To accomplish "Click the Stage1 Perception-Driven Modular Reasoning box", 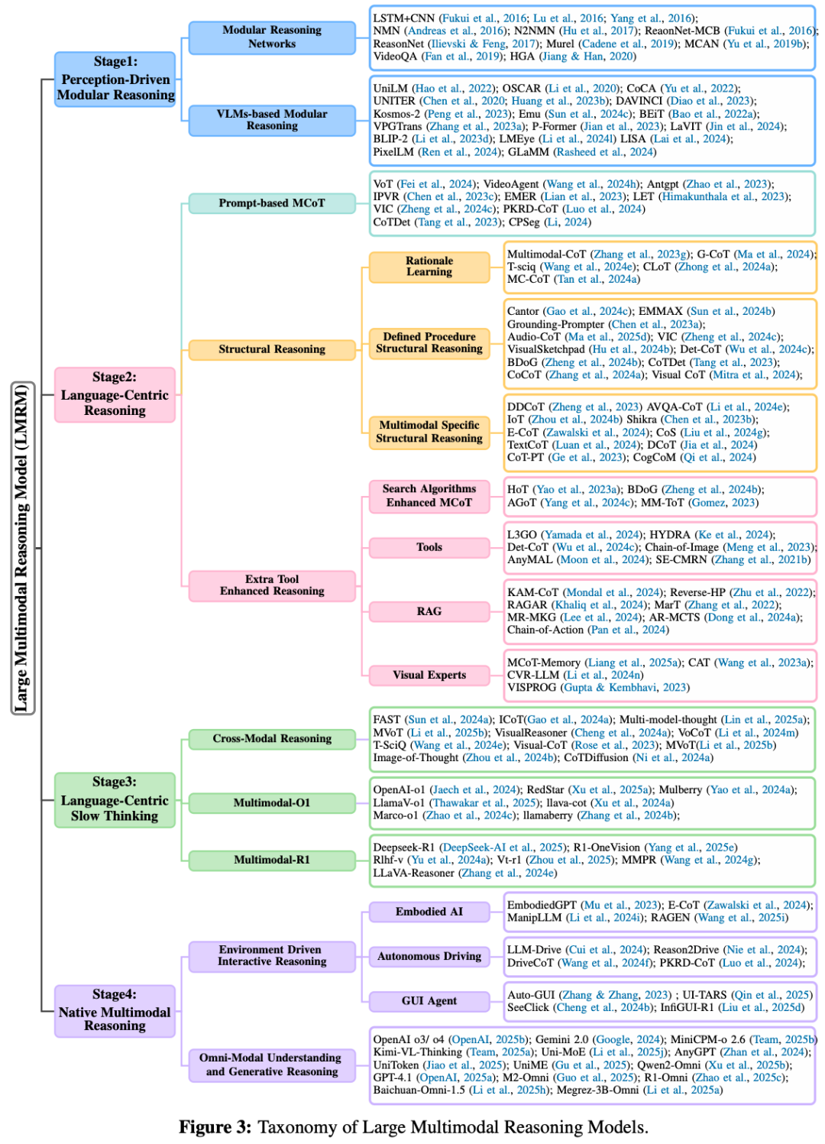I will pyautogui.click(x=115, y=79).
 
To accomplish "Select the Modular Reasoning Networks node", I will pyautogui.click(x=272, y=37).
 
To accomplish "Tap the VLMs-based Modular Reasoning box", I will pyautogui.click(x=272, y=120).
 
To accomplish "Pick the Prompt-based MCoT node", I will pyautogui.click(x=272, y=203).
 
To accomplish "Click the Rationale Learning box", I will pyautogui.click(x=429, y=267).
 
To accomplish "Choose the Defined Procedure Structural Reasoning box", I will pyautogui.click(x=429, y=342).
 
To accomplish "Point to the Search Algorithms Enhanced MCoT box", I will pyautogui.click(x=429, y=496).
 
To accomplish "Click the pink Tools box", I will pyautogui.click(x=429, y=547).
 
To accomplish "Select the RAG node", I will pyautogui.click(x=429, y=611).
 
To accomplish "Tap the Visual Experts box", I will pyautogui.click(x=429, y=675).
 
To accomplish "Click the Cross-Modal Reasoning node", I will pyautogui.click(x=272, y=739).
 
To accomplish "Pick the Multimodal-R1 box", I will pyautogui.click(x=272, y=860).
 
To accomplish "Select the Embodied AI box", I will pyautogui.click(x=429, y=912).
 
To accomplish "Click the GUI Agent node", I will pyautogui.click(x=429, y=1001).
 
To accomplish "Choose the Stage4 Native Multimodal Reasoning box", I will pyautogui.click(x=115, y=1010).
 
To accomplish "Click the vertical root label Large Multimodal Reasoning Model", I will pyautogui.click(x=22, y=548).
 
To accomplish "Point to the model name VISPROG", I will pyautogui.click(x=532, y=688).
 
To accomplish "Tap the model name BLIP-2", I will pyautogui.click(x=390, y=139).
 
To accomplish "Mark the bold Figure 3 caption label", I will pyautogui.click(x=215, y=1127).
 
